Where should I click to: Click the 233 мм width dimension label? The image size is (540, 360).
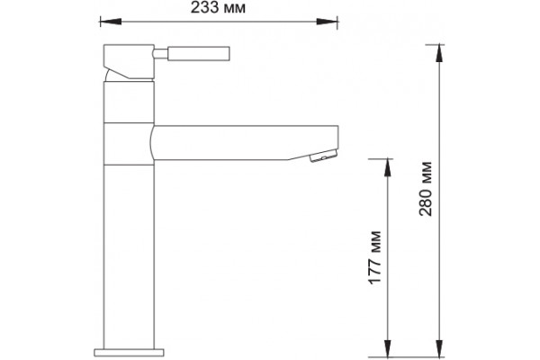tap(218, 7)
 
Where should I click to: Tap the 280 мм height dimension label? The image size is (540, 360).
tap(426, 189)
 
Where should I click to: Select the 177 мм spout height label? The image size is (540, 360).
tap(375, 257)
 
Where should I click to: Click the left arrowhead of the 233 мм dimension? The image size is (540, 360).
tap(110, 22)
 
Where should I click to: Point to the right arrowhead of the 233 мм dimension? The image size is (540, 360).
tap(328, 22)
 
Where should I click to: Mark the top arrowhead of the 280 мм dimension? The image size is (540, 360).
tap(439, 53)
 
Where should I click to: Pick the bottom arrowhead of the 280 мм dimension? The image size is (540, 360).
tap(439, 348)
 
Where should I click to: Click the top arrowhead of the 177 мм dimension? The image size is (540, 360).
tap(388, 167)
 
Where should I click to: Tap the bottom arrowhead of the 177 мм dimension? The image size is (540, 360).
tap(388, 348)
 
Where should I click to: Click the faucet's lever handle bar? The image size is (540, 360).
tap(198, 53)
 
